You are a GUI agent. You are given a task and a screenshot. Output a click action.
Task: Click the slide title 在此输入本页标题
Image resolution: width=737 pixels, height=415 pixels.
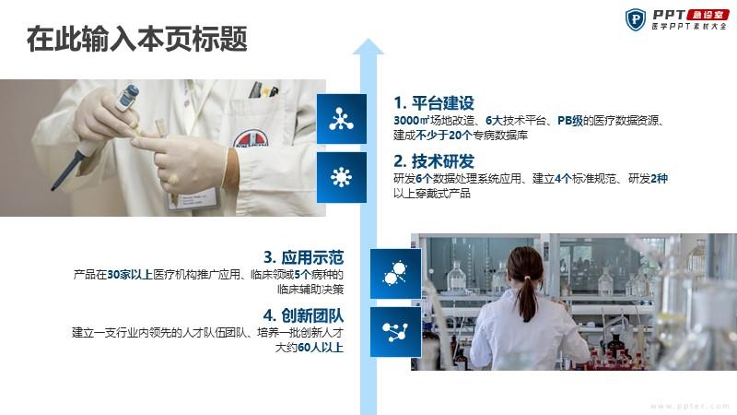[136, 39]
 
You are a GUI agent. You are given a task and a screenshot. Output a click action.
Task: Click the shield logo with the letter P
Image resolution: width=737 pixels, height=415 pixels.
[636, 20]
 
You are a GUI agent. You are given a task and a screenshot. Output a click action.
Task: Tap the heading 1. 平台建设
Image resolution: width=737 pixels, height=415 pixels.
[434, 103]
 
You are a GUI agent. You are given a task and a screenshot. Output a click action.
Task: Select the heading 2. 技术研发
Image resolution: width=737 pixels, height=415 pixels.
[434, 161]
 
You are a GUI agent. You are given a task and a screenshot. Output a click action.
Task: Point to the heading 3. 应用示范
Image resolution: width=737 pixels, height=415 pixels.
[304, 257]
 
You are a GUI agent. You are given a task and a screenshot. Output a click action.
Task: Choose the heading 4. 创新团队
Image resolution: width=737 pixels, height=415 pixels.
[304, 315]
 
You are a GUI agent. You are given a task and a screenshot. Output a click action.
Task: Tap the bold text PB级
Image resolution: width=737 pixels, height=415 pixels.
[570, 121]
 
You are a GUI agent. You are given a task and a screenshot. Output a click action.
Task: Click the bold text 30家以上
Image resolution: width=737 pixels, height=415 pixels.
[130, 274]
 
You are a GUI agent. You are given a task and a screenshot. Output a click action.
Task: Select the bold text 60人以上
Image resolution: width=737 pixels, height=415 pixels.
[321, 348]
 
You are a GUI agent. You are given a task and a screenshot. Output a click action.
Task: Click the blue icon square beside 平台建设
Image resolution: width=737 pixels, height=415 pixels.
[342, 119]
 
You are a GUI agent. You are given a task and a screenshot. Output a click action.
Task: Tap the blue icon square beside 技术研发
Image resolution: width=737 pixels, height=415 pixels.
[342, 177]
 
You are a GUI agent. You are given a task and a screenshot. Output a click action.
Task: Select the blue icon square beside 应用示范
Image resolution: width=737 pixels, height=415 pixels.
[395, 274]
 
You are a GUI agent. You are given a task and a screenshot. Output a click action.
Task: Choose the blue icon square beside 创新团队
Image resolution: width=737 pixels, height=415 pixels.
[395, 332]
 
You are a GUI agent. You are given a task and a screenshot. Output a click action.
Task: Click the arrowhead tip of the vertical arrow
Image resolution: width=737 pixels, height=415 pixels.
[368, 39]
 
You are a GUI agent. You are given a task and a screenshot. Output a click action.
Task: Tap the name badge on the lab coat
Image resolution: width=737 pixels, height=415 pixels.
[193, 198]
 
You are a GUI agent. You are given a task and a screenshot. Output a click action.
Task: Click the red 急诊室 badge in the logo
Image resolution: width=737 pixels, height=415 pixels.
[708, 16]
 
